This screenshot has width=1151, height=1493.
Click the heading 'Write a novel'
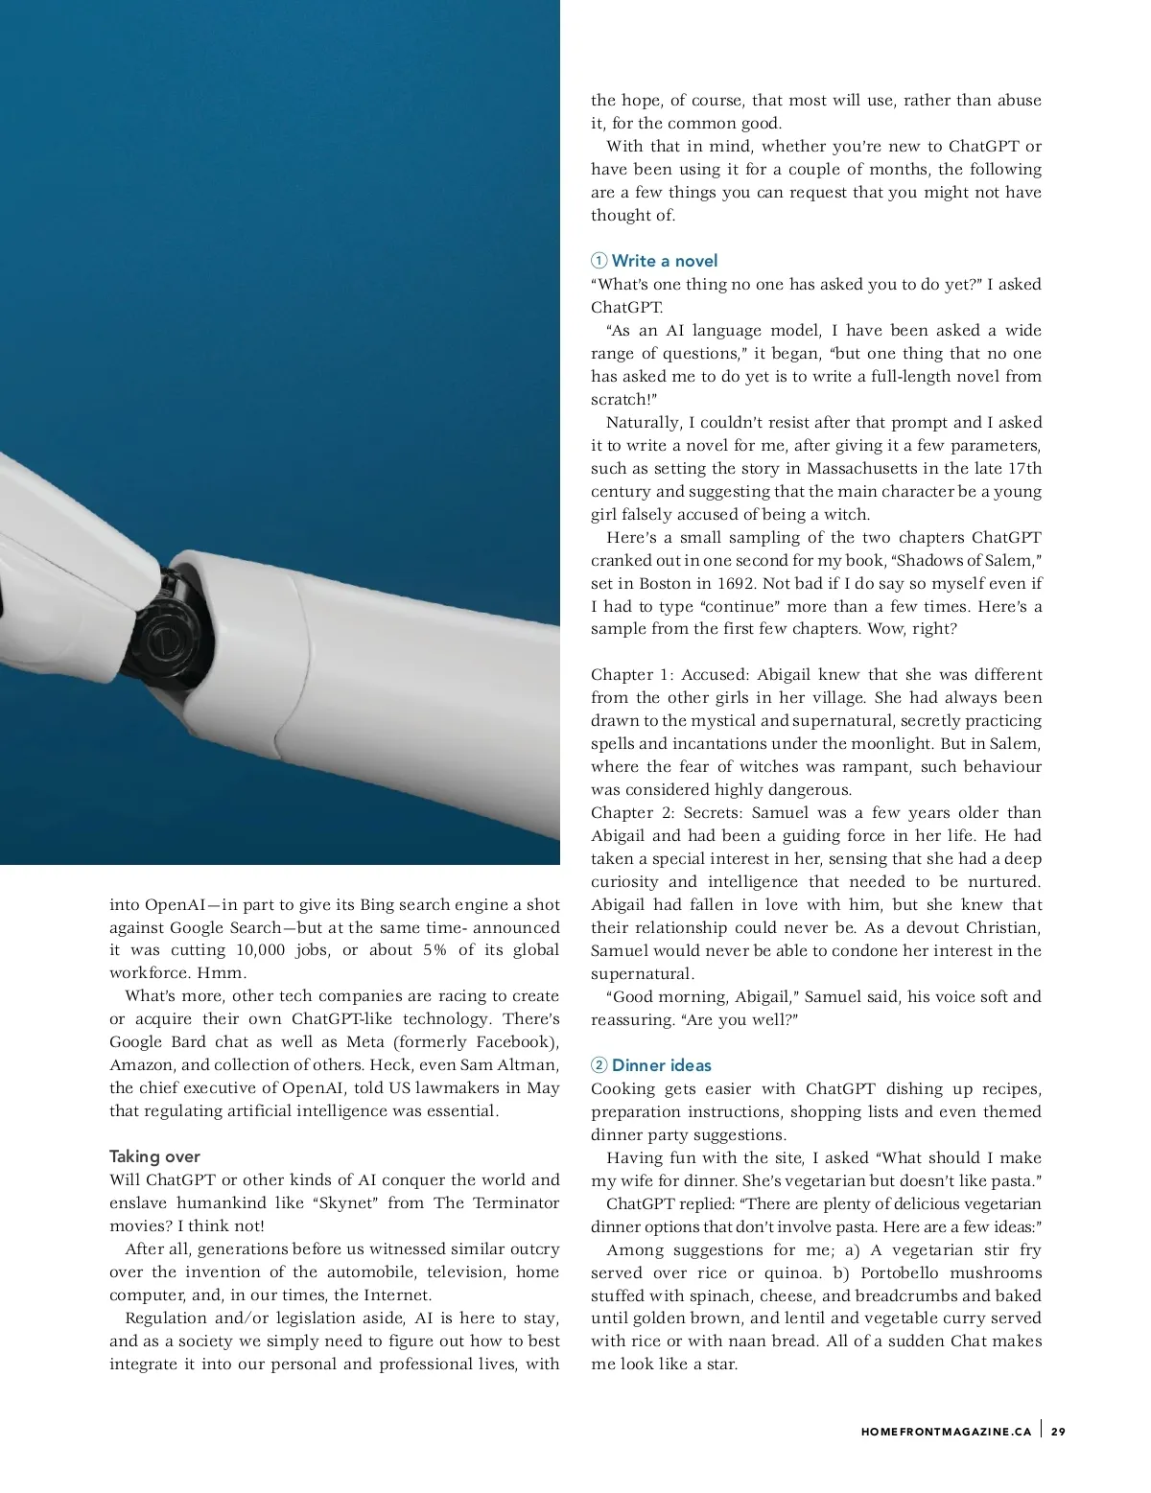pos(665,261)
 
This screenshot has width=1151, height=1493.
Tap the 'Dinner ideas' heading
pos(662,1065)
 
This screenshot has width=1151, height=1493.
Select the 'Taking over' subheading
pos(154,1156)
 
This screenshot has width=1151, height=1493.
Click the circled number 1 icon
pos(599,261)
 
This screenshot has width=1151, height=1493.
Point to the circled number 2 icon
pos(599,1065)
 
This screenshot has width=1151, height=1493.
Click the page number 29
pos(1058,1432)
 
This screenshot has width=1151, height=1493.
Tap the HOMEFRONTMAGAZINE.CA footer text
pos(946,1432)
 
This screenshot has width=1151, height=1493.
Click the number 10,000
pos(260,950)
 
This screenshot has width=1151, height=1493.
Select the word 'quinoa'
pos(792,1273)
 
